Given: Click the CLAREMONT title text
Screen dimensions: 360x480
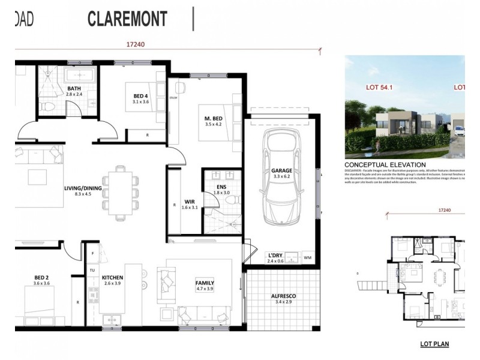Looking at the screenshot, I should click(x=127, y=19).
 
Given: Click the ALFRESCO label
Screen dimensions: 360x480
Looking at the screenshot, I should click(x=283, y=296).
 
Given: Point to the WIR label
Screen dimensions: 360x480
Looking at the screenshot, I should click(x=189, y=201).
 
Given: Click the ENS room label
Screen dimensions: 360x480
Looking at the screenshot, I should click(x=221, y=187).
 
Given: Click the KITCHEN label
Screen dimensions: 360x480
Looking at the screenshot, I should click(x=113, y=278).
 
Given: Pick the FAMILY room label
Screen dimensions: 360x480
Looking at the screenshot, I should click(x=205, y=283).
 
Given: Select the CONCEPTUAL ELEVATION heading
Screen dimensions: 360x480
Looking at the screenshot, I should click(x=385, y=164).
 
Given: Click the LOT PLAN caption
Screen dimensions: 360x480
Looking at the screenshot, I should click(x=432, y=346).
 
